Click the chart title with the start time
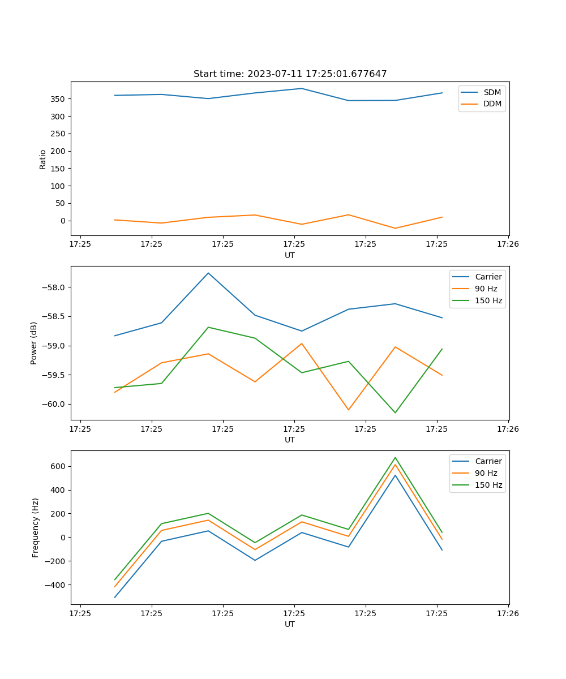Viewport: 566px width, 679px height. (x=290, y=74)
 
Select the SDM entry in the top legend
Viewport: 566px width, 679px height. (x=492, y=92)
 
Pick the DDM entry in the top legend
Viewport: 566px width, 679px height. (x=492, y=104)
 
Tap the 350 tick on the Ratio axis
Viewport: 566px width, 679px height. (x=59, y=99)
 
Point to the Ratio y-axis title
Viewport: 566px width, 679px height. (x=43, y=159)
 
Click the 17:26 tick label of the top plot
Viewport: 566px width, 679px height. (x=508, y=244)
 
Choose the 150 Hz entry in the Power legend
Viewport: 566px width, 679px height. (x=488, y=300)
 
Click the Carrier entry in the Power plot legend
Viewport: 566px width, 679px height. (x=488, y=277)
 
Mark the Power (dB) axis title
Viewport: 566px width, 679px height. (x=34, y=343)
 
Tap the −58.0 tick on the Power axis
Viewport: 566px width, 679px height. (x=55, y=287)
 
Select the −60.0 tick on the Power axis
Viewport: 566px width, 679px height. (x=55, y=404)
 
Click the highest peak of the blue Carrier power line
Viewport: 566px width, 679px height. (x=208, y=273)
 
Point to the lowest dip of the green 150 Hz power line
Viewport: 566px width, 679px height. (x=395, y=412)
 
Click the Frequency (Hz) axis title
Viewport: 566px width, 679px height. (x=35, y=527)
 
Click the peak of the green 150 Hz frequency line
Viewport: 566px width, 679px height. (x=395, y=458)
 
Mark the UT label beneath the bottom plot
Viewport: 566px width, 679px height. (x=290, y=624)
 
